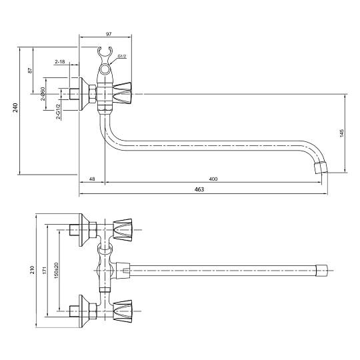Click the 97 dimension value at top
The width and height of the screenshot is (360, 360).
(109, 34)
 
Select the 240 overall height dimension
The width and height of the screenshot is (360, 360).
(15, 107)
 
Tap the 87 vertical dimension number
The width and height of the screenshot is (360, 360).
(30, 70)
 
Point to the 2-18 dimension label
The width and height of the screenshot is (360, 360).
(60, 61)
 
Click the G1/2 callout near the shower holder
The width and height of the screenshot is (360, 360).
(122, 56)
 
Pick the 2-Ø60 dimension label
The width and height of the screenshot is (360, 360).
(43, 94)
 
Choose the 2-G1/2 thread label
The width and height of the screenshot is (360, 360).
(58, 112)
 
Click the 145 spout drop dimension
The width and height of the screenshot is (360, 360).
(341, 133)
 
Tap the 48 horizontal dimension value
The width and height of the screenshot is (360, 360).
(92, 179)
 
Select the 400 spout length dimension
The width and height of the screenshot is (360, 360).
(213, 179)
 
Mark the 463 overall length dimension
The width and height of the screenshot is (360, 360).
(199, 189)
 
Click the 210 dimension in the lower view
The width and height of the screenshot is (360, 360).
(32, 269)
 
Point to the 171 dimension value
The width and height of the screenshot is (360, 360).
(45, 270)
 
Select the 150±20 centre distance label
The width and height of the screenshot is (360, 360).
(56, 271)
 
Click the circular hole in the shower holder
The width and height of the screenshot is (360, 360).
(105, 69)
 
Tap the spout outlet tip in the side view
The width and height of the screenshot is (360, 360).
(321, 167)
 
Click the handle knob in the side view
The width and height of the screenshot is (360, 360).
(123, 94)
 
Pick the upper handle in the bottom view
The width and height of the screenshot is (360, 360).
(123, 230)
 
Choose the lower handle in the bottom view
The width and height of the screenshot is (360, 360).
(123, 311)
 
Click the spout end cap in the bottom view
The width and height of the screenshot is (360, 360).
(321, 271)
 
